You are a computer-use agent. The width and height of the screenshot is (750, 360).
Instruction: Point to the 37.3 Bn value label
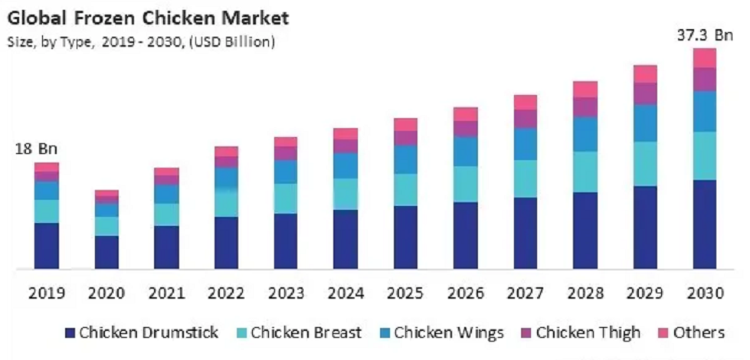click(704, 34)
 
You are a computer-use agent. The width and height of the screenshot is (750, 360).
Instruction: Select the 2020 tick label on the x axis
click(106, 293)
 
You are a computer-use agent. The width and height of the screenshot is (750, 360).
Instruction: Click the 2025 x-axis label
click(405, 293)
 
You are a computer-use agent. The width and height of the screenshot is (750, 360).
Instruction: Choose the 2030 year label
click(704, 293)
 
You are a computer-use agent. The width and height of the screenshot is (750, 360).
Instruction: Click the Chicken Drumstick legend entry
click(142, 332)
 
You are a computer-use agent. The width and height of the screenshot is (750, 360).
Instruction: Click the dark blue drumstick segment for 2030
click(704, 224)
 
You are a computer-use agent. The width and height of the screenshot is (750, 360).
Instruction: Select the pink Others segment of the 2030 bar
click(704, 58)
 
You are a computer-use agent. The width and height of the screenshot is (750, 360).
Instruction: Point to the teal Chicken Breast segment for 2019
click(47, 211)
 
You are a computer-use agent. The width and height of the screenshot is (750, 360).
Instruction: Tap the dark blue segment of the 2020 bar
click(106, 252)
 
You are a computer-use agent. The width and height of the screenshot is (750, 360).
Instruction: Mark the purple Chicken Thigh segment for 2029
click(644, 93)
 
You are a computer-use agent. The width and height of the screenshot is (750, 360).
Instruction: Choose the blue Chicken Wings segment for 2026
click(465, 152)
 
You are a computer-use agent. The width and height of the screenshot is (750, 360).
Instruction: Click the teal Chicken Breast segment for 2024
click(346, 194)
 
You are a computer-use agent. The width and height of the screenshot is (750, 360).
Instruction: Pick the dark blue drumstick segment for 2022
click(226, 242)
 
